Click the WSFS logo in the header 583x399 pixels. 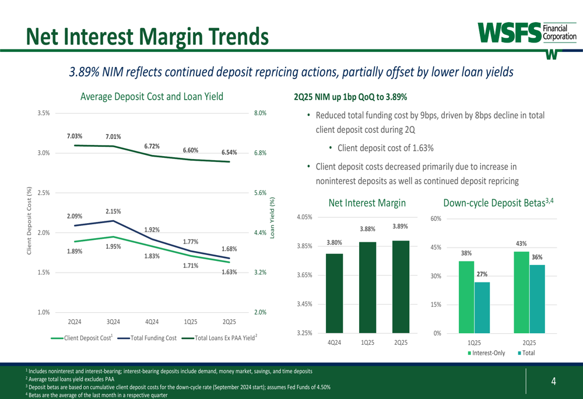coord(526,33)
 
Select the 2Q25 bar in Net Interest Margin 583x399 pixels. coord(401,286)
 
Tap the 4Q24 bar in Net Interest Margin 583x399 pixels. coord(334,292)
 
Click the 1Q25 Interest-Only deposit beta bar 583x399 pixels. coord(466,296)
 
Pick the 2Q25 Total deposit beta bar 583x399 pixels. coord(537,298)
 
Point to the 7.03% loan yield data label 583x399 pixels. coord(74,136)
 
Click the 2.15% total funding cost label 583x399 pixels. coord(113,211)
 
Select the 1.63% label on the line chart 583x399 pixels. coord(229,272)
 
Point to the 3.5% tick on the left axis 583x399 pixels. coord(43,114)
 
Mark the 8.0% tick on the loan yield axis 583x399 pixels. coord(261,114)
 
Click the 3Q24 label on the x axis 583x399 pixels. coord(113,322)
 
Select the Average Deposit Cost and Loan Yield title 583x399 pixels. coord(152,97)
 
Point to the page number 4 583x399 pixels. coord(553,382)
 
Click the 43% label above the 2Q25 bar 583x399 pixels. coord(521,243)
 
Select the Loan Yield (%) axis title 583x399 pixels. coord(272,217)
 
